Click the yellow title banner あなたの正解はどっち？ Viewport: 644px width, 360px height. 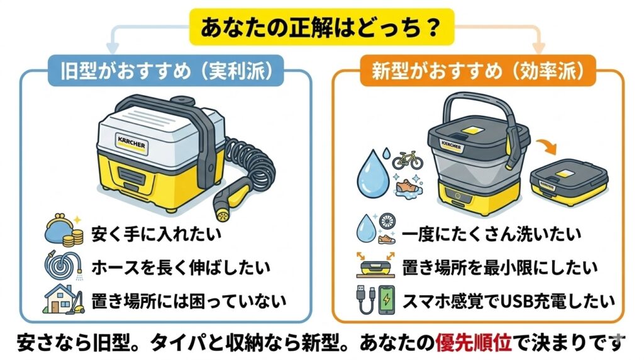coord(322,27)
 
